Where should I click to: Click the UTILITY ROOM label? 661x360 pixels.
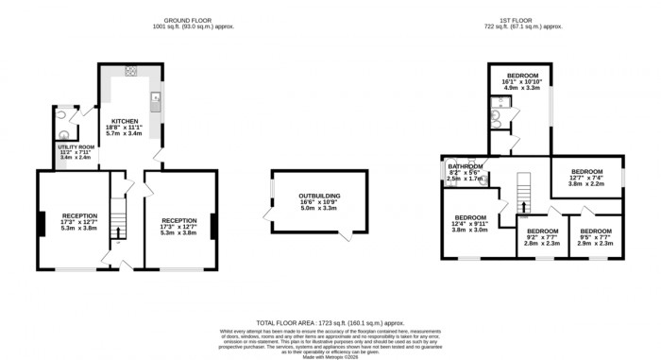click(72, 149)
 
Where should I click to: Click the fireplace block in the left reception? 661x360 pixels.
click(40, 224)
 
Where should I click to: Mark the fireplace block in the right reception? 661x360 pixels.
click(212, 226)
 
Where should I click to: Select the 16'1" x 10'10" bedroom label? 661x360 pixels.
click(521, 75)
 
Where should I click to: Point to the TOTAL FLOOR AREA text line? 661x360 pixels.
click(330, 323)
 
